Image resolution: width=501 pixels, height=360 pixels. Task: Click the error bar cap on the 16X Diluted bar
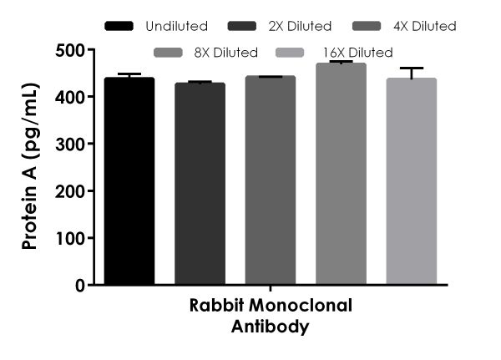click(411, 68)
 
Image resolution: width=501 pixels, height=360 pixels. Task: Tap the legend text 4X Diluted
click(425, 27)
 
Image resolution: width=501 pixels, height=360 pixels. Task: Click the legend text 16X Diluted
click(358, 53)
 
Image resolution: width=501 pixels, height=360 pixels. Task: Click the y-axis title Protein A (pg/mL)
click(30, 167)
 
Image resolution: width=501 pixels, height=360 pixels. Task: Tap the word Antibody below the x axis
click(271, 327)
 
